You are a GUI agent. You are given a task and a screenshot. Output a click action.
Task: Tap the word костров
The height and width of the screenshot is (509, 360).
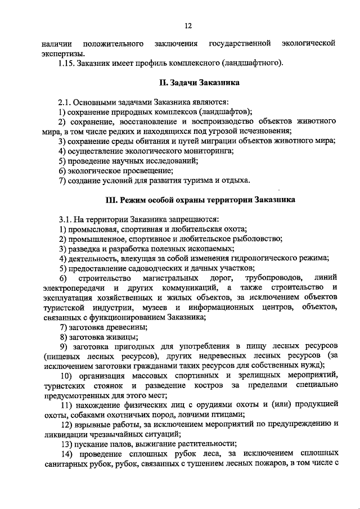point(213,386)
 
